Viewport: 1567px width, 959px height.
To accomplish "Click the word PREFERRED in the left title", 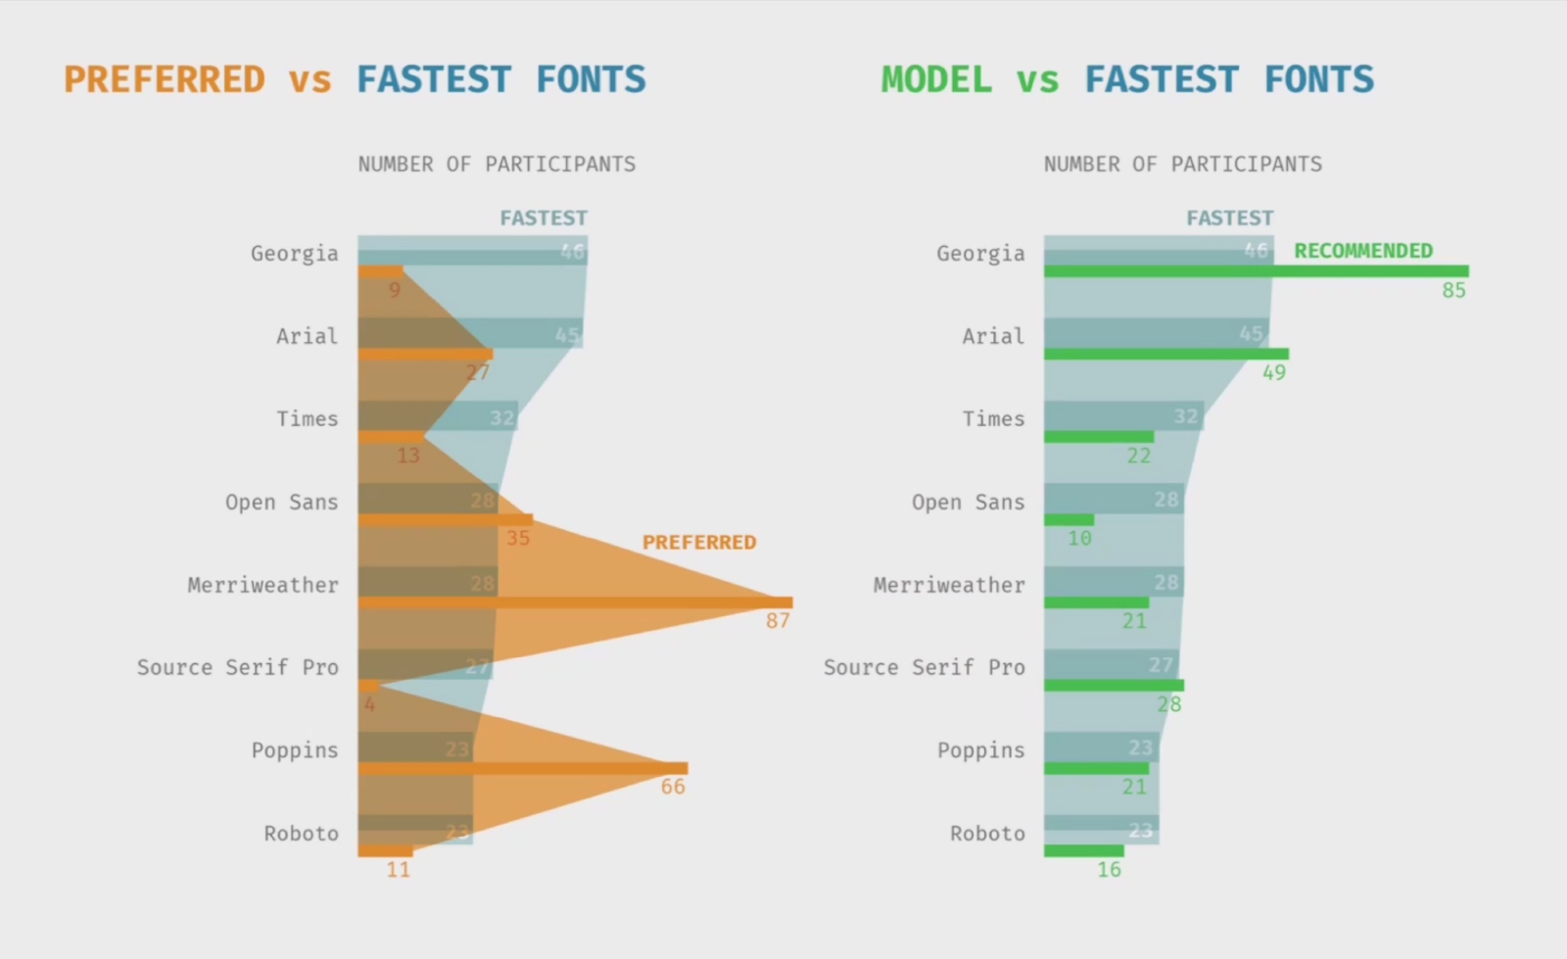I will [x=165, y=79].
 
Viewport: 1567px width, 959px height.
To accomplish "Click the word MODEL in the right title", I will [x=936, y=79].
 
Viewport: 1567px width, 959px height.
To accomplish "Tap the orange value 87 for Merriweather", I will [x=778, y=621].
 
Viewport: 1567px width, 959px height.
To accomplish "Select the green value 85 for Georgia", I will [x=1453, y=290].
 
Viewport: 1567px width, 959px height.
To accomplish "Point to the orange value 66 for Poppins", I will [x=673, y=787].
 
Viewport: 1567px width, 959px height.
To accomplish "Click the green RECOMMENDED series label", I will [x=1363, y=251].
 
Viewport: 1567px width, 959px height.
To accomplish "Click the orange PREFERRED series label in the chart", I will [x=699, y=543].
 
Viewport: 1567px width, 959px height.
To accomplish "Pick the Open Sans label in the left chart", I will [x=281, y=503].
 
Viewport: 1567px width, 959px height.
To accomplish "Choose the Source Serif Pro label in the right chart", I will [x=924, y=668].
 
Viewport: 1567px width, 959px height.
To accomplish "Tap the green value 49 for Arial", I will [x=1273, y=373].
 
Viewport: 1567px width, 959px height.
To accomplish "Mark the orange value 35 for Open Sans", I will [x=517, y=538].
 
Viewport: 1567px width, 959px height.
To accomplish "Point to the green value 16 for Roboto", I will [x=1109, y=870].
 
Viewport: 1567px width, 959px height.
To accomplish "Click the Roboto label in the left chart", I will [x=301, y=834].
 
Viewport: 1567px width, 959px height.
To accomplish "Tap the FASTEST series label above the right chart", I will [x=1230, y=218].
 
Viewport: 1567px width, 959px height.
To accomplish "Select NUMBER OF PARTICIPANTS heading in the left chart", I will [x=497, y=165].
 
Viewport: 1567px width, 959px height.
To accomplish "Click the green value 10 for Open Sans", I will [x=1079, y=538].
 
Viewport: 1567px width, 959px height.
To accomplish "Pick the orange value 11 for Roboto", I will [x=398, y=870].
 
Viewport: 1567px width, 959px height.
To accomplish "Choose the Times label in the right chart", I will [x=993, y=419].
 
